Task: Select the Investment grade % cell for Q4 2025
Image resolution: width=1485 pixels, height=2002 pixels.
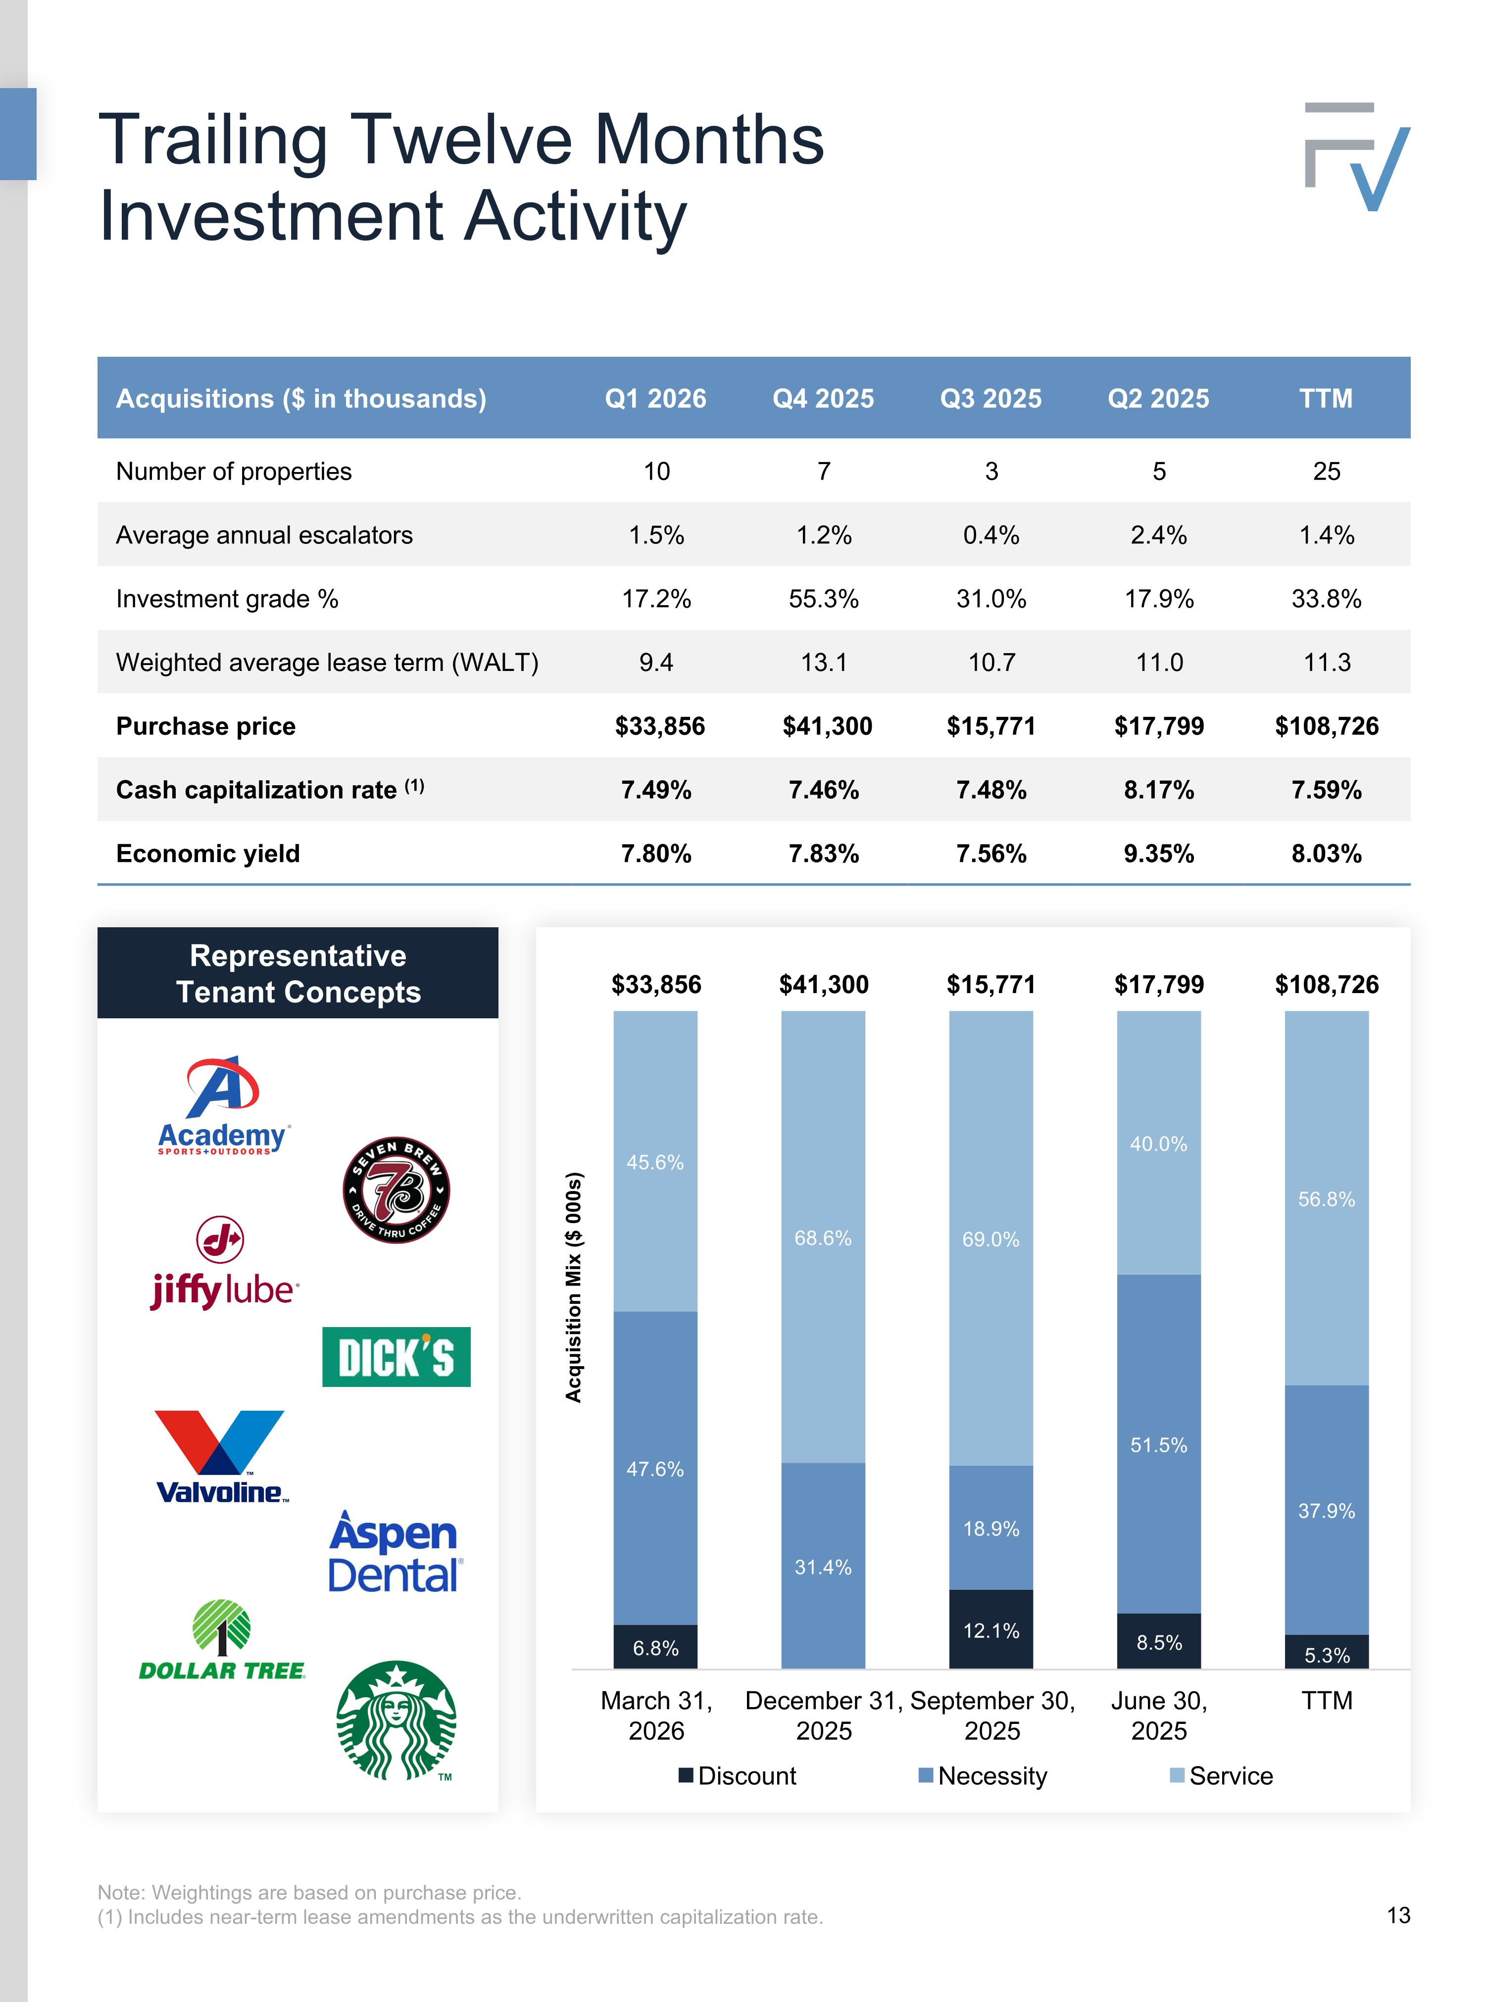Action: pyautogui.click(x=823, y=598)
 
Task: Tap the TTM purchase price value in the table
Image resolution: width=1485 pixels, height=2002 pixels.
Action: pyautogui.click(x=1326, y=726)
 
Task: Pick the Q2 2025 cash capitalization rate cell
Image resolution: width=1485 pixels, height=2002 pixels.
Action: pyautogui.click(x=1159, y=790)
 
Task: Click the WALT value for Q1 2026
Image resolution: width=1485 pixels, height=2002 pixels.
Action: pyautogui.click(x=656, y=662)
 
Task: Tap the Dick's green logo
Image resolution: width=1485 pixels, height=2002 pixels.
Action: pyautogui.click(x=396, y=1357)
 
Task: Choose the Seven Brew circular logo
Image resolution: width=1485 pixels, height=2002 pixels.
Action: pyautogui.click(x=396, y=1190)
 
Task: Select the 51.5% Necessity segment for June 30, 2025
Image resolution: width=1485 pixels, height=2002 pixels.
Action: pyautogui.click(x=1159, y=1444)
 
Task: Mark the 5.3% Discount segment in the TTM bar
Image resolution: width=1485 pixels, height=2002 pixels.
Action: pyautogui.click(x=1327, y=1652)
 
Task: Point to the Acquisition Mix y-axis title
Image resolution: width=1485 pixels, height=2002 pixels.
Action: pyautogui.click(x=574, y=1287)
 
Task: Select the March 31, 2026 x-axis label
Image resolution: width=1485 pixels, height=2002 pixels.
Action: pyautogui.click(x=656, y=1716)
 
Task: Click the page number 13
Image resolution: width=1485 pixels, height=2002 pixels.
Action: pyautogui.click(x=1399, y=1915)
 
